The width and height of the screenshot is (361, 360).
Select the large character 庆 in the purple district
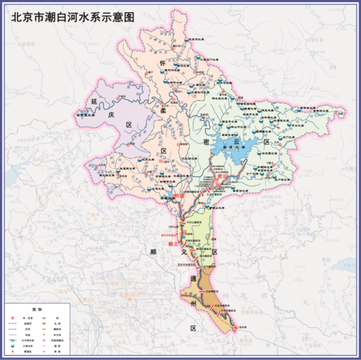click(x=111, y=114)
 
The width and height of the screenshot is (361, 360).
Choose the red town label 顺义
click(x=172, y=243)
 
